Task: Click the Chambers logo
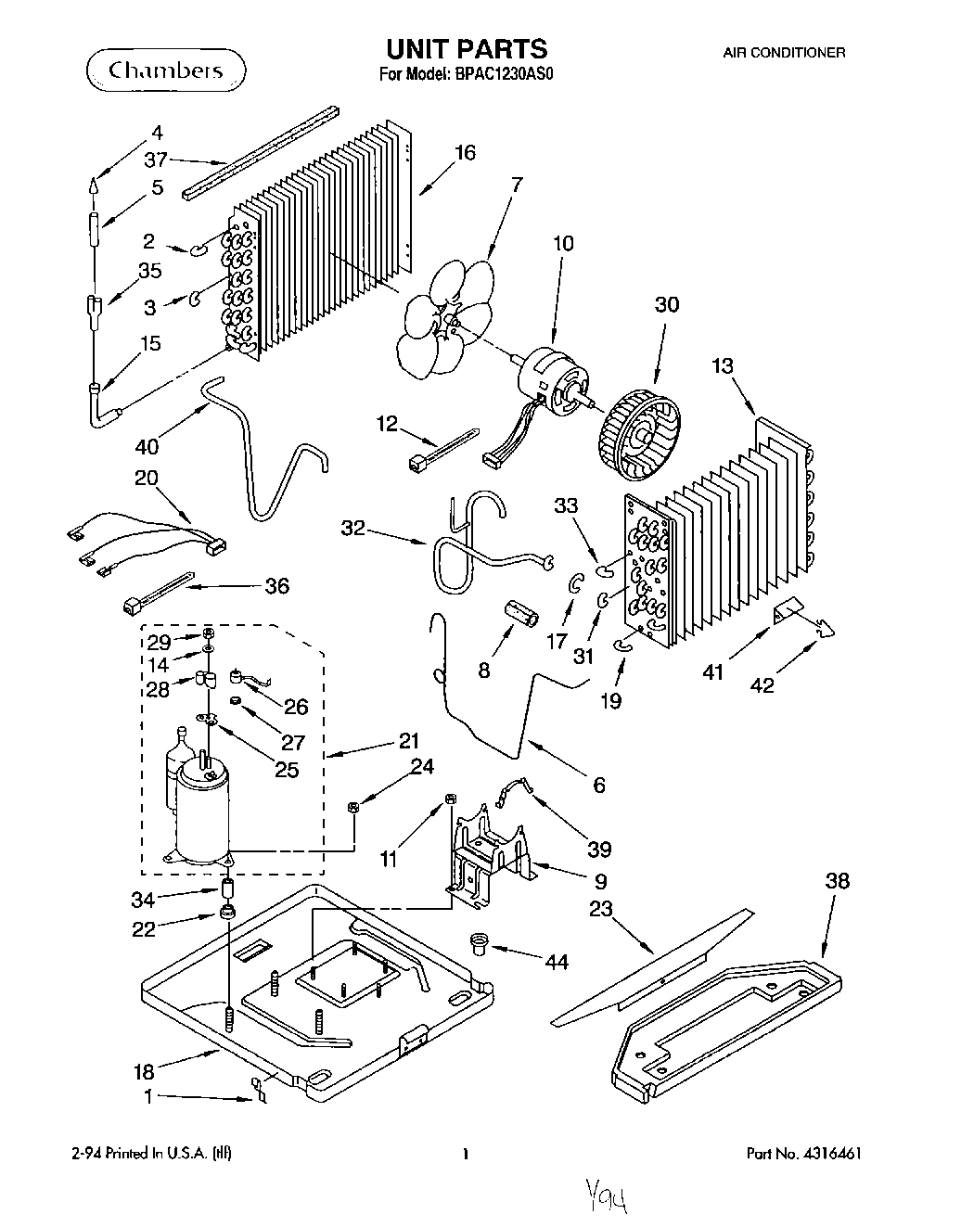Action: click(x=167, y=70)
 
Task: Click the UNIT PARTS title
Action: click(x=467, y=48)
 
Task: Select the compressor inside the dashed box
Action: click(x=203, y=807)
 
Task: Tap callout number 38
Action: click(x=836, y=881)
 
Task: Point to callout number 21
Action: click(x=408, y=741)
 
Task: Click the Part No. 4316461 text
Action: click(x=809, y=1155)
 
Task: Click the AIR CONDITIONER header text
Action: click(x=783, y=53)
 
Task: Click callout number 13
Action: click(x=722, y=366)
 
